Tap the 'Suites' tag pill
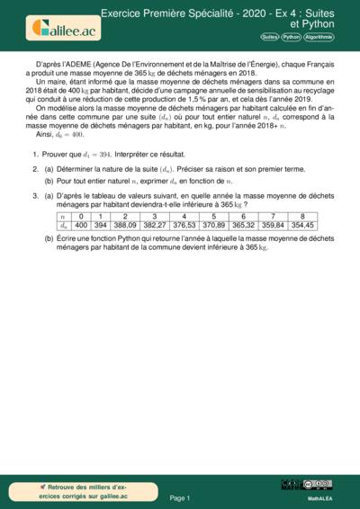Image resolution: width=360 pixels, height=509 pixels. tap(269, 37)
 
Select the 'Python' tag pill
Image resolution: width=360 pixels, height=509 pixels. tap(291, 37)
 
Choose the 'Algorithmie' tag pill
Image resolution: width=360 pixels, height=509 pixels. tap(319, 37)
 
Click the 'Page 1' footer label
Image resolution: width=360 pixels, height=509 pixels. tap(179, 497)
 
